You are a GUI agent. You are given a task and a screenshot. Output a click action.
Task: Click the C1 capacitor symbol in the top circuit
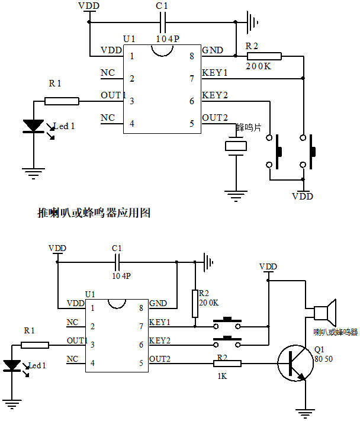[164, 23]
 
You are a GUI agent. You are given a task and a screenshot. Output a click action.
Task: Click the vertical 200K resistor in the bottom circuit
[195, 304]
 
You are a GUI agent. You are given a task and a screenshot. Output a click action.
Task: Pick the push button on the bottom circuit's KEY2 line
[227, 341]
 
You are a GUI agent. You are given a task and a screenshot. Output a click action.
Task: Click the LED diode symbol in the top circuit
[34, 126]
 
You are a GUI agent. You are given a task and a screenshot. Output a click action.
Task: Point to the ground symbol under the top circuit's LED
[34, 173]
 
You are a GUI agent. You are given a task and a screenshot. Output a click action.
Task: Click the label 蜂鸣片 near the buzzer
[248, 127]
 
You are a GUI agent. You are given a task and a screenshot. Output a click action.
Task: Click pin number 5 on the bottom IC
[141, 362]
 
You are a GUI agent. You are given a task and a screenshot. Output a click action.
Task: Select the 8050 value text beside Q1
[323, 359]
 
